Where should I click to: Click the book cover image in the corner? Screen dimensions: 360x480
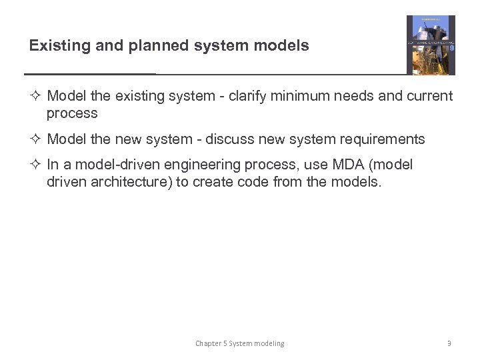(431, 45)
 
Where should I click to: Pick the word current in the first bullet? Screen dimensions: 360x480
(428, 96)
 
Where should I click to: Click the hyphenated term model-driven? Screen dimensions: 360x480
(115, 164)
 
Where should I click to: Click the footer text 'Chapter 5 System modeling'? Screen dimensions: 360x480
(239, 343)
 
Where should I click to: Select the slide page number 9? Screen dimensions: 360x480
(449, 343)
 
